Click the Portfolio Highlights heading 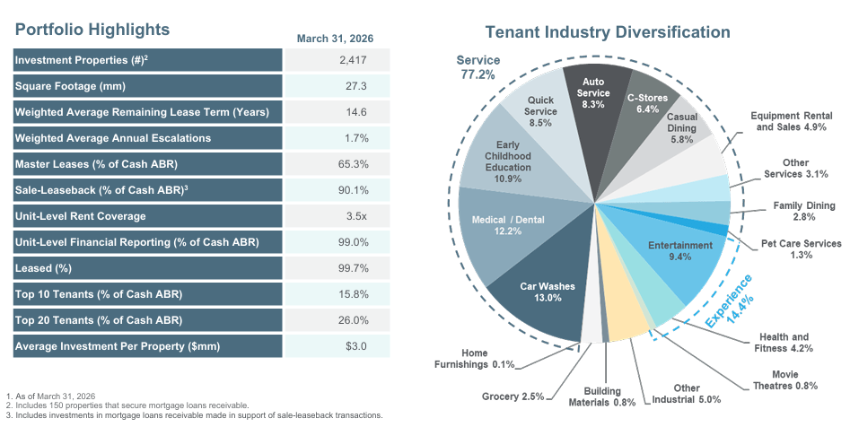tap(92, 29)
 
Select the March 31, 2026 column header tap(335, 39)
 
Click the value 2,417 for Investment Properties tap(354, 60)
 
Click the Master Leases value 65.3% tap(355, 164)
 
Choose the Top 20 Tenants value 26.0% tap(355, 320)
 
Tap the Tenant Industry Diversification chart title tap(607, 33)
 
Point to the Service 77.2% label tap(478, 67)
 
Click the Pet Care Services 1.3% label tap(801, 248)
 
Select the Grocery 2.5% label tap(513, 396)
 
